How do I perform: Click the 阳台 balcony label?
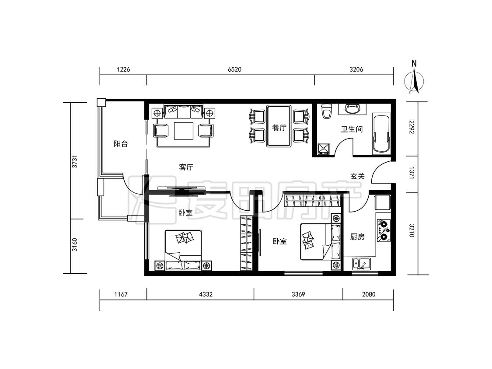pos(121,144)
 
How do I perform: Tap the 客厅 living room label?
pos(186,167)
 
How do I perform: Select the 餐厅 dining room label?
pos(279,128)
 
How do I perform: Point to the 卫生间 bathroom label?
pos(352,129)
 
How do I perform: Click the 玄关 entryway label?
pos(357,176)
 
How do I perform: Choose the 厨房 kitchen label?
pos(357,237)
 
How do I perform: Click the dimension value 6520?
pos(234,70)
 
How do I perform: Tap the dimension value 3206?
pos(356,70)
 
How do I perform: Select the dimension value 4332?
pos(206,294)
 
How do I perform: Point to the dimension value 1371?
pos(412,173)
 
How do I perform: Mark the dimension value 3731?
pos(74,161)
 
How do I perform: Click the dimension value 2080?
pos(369,294)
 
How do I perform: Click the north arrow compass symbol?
pos(414,78)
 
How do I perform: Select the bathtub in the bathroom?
pos(381,135)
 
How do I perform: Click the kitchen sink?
pos(362,264)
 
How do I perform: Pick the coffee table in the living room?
pos(184,131)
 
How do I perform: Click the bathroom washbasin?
pos(352,108)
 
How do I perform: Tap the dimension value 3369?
pos(298,294)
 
